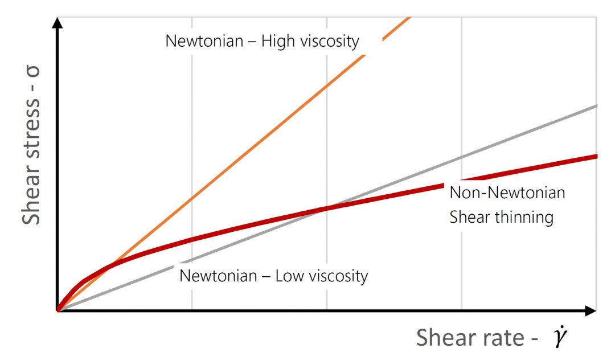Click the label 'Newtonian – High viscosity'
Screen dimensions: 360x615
(262, 41)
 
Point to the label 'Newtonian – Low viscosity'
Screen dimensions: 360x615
(274, 276)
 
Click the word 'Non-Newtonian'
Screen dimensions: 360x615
(507, 193)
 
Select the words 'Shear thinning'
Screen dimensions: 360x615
(502, 217)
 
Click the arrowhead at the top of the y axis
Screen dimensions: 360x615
(57, 23)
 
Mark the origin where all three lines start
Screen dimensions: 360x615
(58, 310)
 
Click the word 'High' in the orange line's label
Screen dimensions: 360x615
(284, 41)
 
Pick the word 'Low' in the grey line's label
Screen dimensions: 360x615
(288, 276)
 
